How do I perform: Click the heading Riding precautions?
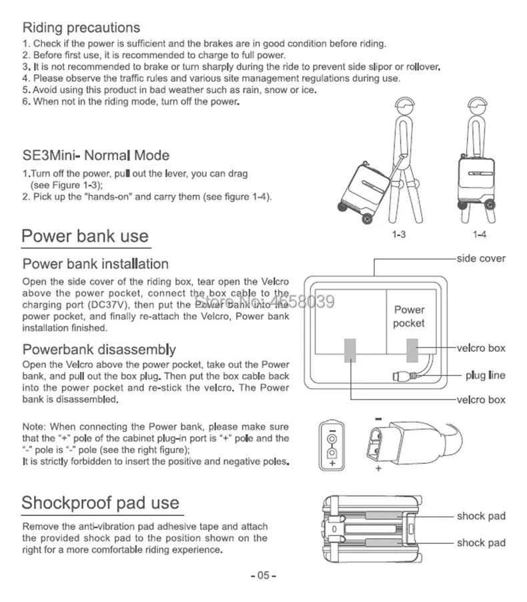(x=81, y=28)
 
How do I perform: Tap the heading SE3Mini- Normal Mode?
(x=96, y=155)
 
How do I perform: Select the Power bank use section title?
(x=85, y=236)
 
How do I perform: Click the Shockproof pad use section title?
(x=101, y=502)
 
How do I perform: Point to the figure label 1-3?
(x=399, y=235)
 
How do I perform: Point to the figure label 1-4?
(x=479, y=235)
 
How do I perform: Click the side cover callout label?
(x=481, y=258)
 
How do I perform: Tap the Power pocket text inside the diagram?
(x=408, y=317)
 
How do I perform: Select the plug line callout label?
(x=485, y=375)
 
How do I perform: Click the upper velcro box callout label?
(x=481, y=348)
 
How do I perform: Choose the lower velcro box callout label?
(x=481, y=400)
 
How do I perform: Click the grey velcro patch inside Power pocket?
(x=412, y=349)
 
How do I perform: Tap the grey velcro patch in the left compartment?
(x=350, y=349)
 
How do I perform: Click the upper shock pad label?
(x=481, y=516)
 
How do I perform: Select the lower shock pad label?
(x=481, y=543)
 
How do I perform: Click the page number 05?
(x=263, y=575)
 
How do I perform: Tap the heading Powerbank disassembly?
(x=99, y=349)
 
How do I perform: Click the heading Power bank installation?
(x=95, y=264)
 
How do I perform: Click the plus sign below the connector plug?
(x=378, y=469)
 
